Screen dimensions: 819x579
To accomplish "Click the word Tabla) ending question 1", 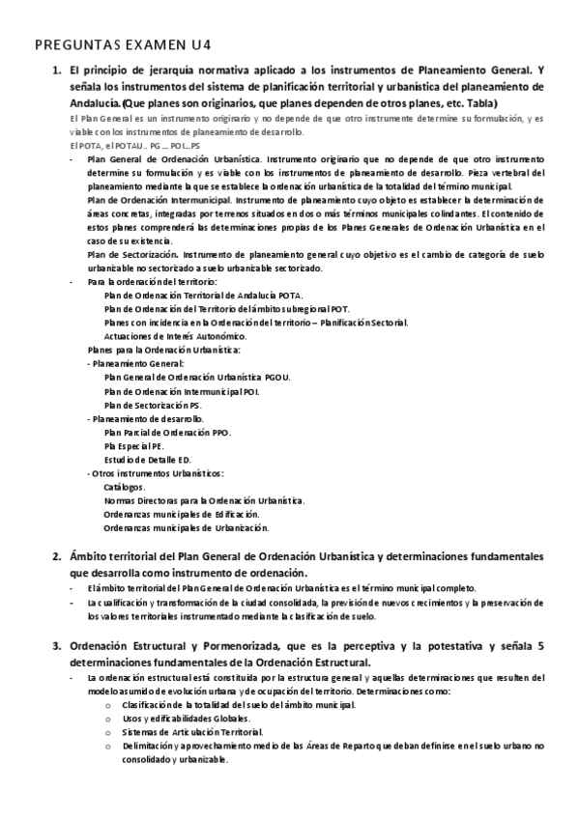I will click(478, 102).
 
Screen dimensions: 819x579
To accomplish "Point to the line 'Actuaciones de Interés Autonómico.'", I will click(175, 335).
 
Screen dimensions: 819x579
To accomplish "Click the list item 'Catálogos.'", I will click(125, 487).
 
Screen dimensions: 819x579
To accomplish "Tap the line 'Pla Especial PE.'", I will click(134, 446).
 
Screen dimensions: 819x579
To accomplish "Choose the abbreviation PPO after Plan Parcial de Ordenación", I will click(219, 433).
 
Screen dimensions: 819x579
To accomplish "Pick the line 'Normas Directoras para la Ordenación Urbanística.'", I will click(204, 500).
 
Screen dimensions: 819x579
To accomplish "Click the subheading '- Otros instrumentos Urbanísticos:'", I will click(156, 473).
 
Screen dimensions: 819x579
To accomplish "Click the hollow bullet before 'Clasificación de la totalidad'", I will click(106, 705).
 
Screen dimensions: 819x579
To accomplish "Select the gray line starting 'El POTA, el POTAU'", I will click(126, 143).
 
